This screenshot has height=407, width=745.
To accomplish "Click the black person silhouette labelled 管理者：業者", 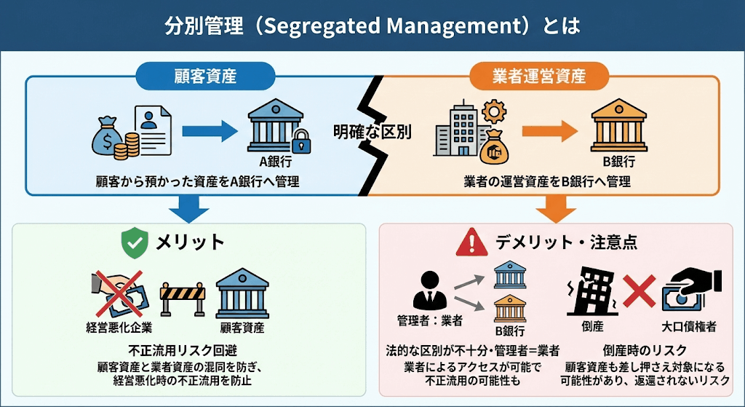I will (428, 290).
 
